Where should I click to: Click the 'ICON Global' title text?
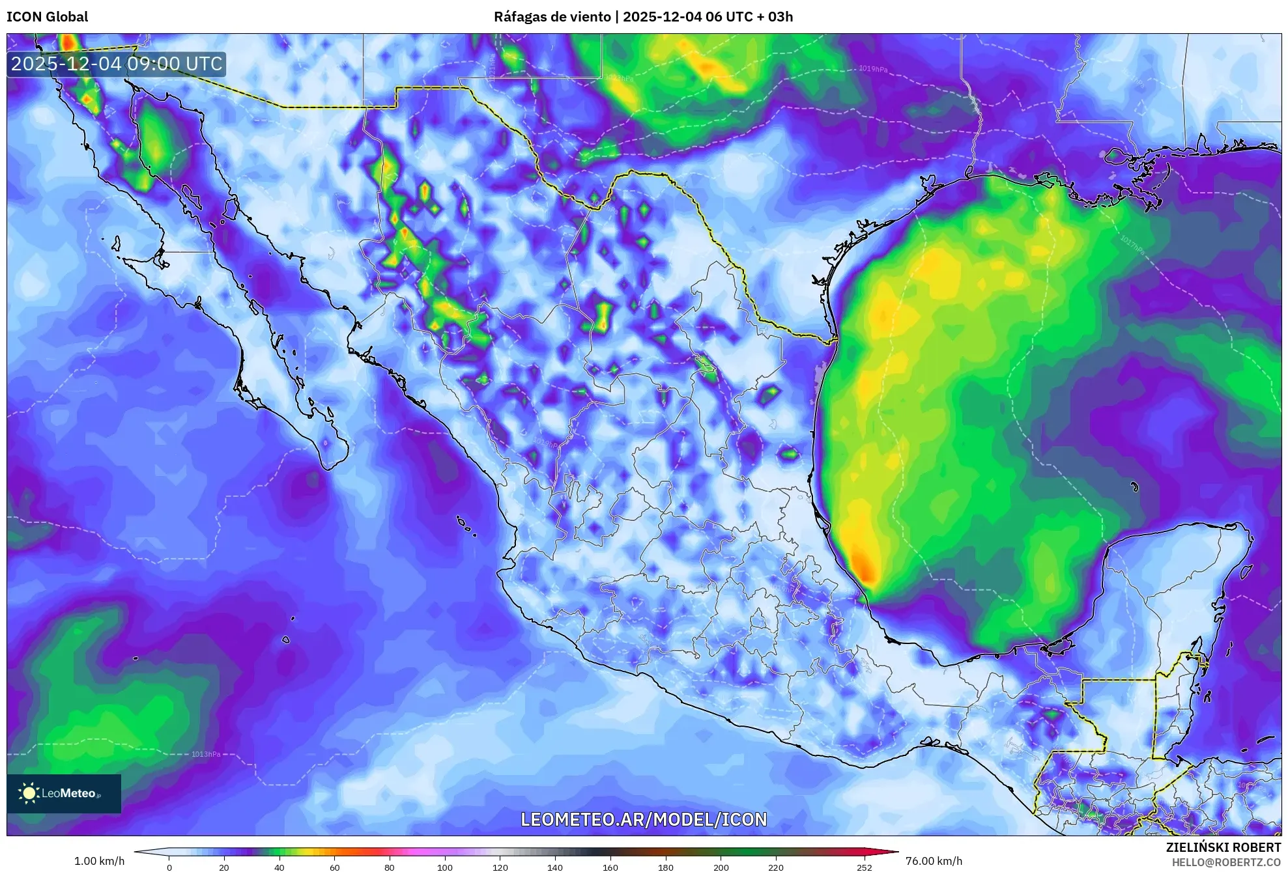(x=47, y=17)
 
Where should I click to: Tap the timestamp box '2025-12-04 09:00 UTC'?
(x=117, y=64)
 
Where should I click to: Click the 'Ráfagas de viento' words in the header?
(x=552, y=17)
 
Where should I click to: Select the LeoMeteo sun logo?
(x=29, y=793)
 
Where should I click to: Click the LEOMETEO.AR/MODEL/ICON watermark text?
(x=644, y=819)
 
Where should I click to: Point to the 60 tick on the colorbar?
(x=334, y=867)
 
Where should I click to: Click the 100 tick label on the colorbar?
(x=444, y=867)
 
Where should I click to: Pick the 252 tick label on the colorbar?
(x=864, y=867)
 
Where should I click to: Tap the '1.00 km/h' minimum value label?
(x=99, y=861)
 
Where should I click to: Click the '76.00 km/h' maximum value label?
(x=934, y=861)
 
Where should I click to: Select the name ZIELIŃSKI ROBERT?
(x=1223, y=847)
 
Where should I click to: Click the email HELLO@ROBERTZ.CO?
(x=1226, y=862)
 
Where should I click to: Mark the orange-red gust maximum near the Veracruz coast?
(x=864, y=567)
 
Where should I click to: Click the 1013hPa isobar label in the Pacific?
(x=206, y=754)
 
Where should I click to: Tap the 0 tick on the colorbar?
(x=169, y=867)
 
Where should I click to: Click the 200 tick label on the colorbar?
(x=721, y=867)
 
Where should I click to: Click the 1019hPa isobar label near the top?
(x=872, y=69)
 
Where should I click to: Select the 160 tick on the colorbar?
(x=610, y=867)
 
